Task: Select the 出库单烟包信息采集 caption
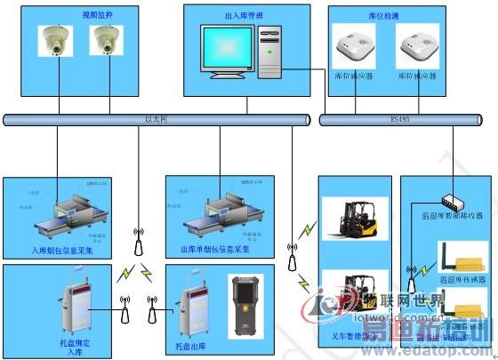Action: click(214, 251)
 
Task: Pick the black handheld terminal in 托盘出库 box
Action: click(245, 306)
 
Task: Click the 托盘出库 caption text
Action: click(192, 344)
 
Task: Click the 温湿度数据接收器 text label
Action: click(452, 215)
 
